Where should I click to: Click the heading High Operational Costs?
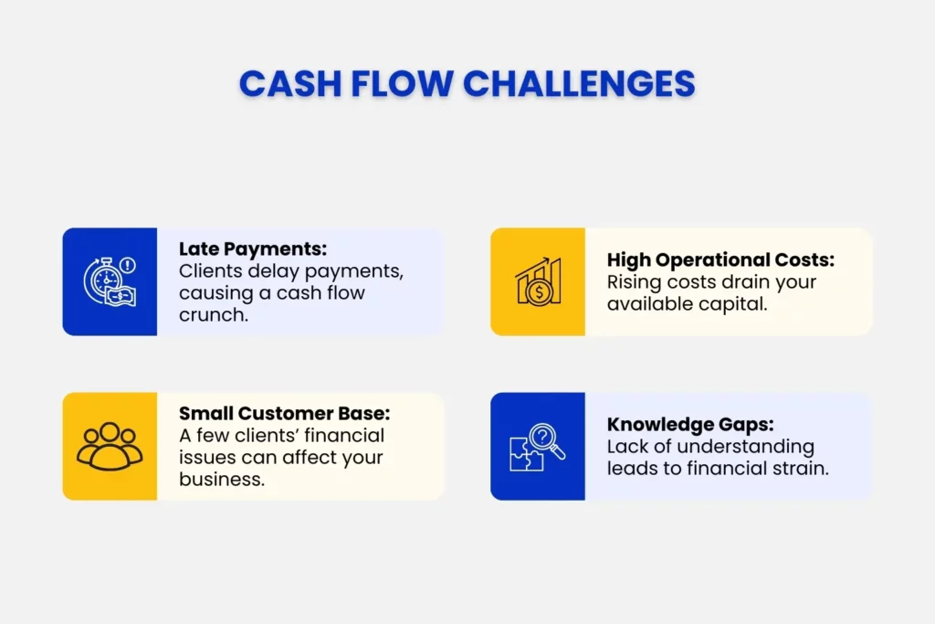[720, 260]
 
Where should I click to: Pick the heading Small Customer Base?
[284, 413]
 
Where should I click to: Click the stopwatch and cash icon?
[110, 281]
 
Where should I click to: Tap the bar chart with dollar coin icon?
[538, 281]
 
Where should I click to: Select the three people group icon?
[110, 446]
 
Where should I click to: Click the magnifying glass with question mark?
[544, 441]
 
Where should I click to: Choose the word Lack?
[627, 447]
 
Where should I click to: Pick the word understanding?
[741, 447]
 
